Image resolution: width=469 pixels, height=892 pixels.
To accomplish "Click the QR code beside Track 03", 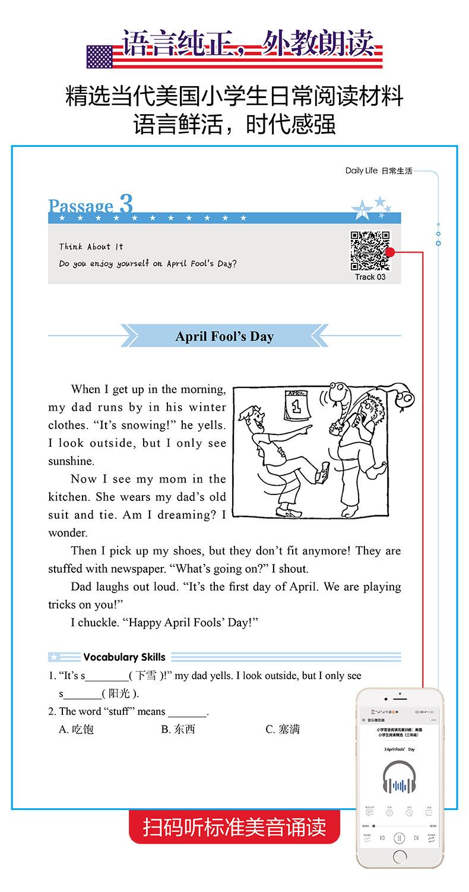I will click(369, 250).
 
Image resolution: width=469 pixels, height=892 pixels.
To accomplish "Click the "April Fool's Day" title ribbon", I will click(224, 336).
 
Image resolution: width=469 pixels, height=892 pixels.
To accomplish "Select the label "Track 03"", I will click(370, 277).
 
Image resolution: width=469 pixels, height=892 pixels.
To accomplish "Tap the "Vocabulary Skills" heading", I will click(124, 657).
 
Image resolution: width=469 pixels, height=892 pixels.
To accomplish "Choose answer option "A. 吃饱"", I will click(76, 729).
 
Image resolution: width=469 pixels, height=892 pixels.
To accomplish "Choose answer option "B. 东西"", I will click(178, 729).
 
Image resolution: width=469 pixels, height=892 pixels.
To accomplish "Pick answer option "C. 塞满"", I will click(282, 729).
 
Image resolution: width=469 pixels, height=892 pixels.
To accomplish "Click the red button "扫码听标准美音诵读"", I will click(235, 827).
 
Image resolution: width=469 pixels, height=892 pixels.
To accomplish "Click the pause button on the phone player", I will click(400, 838).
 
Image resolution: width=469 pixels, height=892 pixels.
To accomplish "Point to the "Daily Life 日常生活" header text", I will click(378, 171).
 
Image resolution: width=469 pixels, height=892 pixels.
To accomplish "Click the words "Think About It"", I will click(91, 247).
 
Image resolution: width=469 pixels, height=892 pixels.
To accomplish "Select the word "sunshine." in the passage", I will click(71, 461).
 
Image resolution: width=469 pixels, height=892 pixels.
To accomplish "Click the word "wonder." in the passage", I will click(68, 532).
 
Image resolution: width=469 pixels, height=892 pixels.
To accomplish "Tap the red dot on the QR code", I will click(390, 252).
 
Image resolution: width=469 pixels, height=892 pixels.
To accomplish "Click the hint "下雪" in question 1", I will click(145, 676).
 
